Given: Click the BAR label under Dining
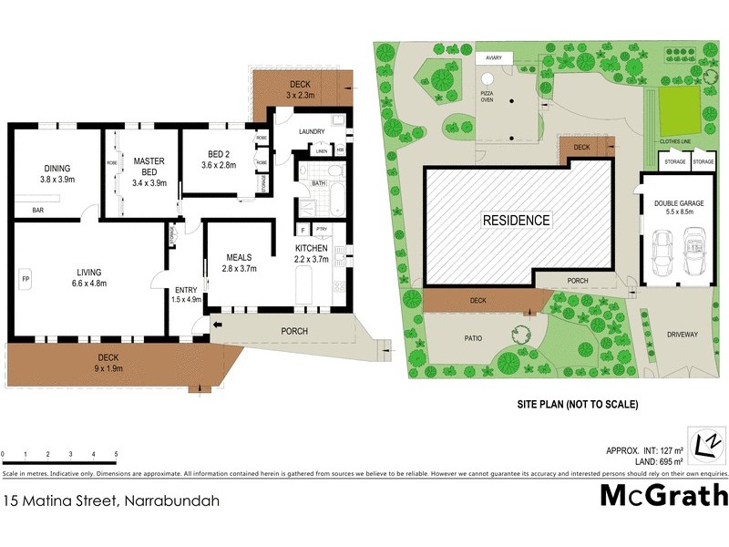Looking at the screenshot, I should (x=39, y=211).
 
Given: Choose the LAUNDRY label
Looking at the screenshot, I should (x=312, y=131).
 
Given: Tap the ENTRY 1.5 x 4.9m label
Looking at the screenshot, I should (x=186, y=295).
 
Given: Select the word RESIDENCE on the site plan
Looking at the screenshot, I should (x=516, y=220).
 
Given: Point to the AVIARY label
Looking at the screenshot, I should (x=493, y=57).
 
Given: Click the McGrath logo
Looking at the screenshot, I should (x=663, y=496).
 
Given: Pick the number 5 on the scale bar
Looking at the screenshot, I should (x=116, y=454).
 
